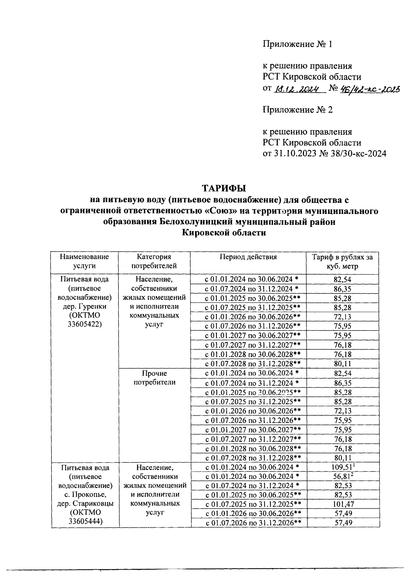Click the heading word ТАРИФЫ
tap(224, 188)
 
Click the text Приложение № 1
tap(297, 44)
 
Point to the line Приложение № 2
tap(297, 110)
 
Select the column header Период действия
tap(248, 257)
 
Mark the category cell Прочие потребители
tap(155, 378)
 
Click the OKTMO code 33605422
tap(85, 325)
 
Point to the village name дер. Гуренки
tap(85, 307)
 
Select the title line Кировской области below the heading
tap(224, 233)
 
